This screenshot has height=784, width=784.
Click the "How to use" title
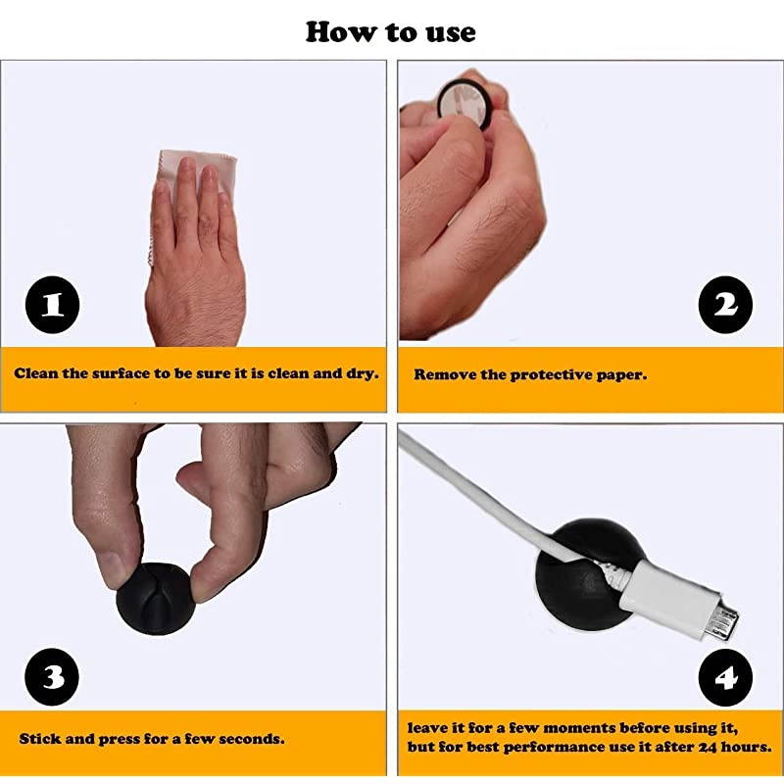390,32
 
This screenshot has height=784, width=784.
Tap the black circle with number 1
53,305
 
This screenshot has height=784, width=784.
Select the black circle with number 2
725,305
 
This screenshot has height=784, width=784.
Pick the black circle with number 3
52,676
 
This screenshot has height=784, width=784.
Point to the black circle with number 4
725,677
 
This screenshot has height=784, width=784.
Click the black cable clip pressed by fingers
154,599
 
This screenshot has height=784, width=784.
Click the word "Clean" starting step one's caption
35,373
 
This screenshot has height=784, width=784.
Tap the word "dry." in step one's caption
363,374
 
